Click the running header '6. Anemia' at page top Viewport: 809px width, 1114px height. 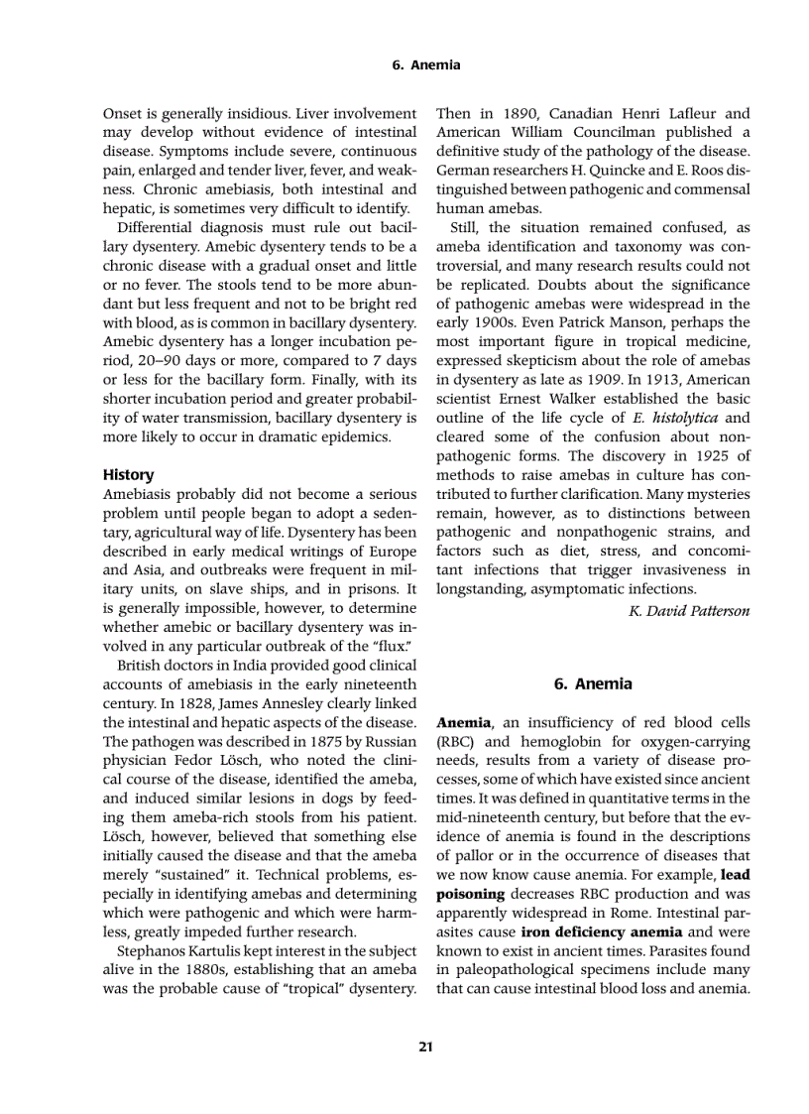point(426,64)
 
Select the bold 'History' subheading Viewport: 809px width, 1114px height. point(128,475)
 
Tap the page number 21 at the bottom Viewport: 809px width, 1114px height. point(425,1046)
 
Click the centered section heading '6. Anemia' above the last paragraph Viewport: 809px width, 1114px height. point(593,683)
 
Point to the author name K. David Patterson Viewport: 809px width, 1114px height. point(689,610)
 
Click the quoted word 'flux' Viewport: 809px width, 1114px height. point(392,647)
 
